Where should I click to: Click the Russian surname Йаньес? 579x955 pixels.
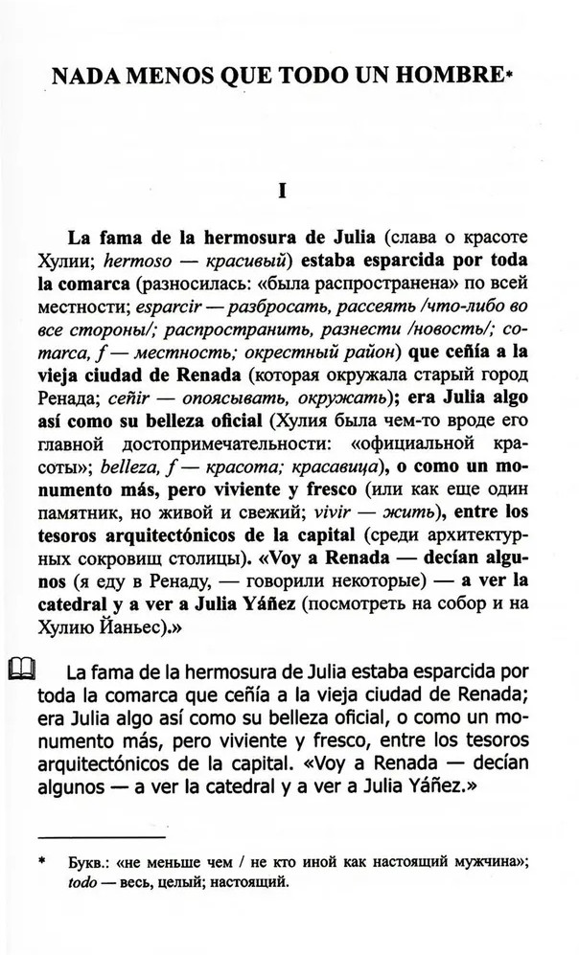[x=142, y=629]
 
